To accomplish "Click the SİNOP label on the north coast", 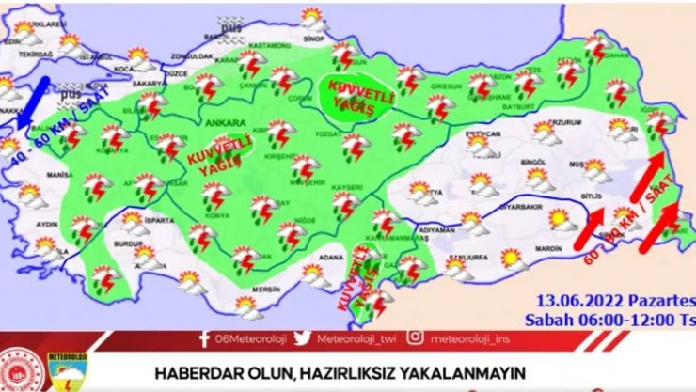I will tap(314, 39).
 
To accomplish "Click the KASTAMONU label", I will tap(268, 46).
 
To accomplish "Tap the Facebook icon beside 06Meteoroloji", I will tap(204, 338).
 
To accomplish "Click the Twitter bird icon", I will tap(302, 338).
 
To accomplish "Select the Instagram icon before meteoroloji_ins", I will tap(415, 338).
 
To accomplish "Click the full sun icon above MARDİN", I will tap(561, 219).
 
